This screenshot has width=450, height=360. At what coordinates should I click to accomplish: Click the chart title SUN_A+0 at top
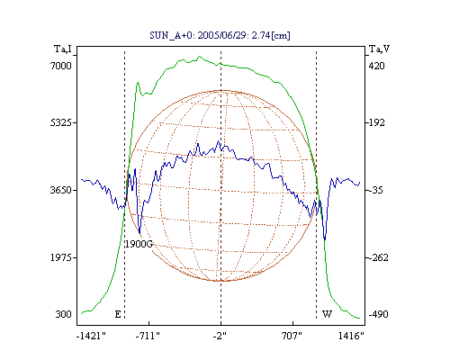[x=220, y=35]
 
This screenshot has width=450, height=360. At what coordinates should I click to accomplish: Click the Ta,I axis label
[x=63, y=49]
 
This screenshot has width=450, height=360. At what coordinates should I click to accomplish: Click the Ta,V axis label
[x=379, y=49]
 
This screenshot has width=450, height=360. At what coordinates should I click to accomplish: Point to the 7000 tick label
[x=61, y=66]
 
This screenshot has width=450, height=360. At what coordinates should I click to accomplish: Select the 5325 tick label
[x=61, y=122]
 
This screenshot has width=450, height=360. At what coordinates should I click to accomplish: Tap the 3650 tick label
[x=61, y=190]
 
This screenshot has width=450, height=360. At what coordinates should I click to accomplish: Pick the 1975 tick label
[x=61, y=257]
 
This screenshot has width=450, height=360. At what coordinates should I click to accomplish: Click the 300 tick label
[x=64, y=314]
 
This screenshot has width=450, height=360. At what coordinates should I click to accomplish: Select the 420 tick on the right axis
[x=376, y=66]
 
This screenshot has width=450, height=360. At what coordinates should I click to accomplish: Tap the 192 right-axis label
[x=376, y=122]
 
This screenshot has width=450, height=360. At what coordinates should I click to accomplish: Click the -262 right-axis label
[x=378, y=257]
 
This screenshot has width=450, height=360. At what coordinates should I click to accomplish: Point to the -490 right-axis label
[x=378, y=314]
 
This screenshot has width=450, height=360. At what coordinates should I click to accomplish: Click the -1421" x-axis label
[x=91, y=336]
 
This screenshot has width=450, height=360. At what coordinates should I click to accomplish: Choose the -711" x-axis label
[x=148, y=336]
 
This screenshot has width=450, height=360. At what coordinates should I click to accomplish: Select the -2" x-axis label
[x=220, y=336]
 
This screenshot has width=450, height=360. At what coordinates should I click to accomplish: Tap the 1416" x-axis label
[x=351, y=336]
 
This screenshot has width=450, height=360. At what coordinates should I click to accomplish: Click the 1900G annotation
[x=139, y=244]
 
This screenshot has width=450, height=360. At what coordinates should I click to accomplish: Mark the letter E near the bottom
[x=118, y=314]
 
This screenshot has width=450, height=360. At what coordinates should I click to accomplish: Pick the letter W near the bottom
[x=327, y=314]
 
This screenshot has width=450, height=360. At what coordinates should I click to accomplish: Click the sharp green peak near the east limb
[x=138, y=83]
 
